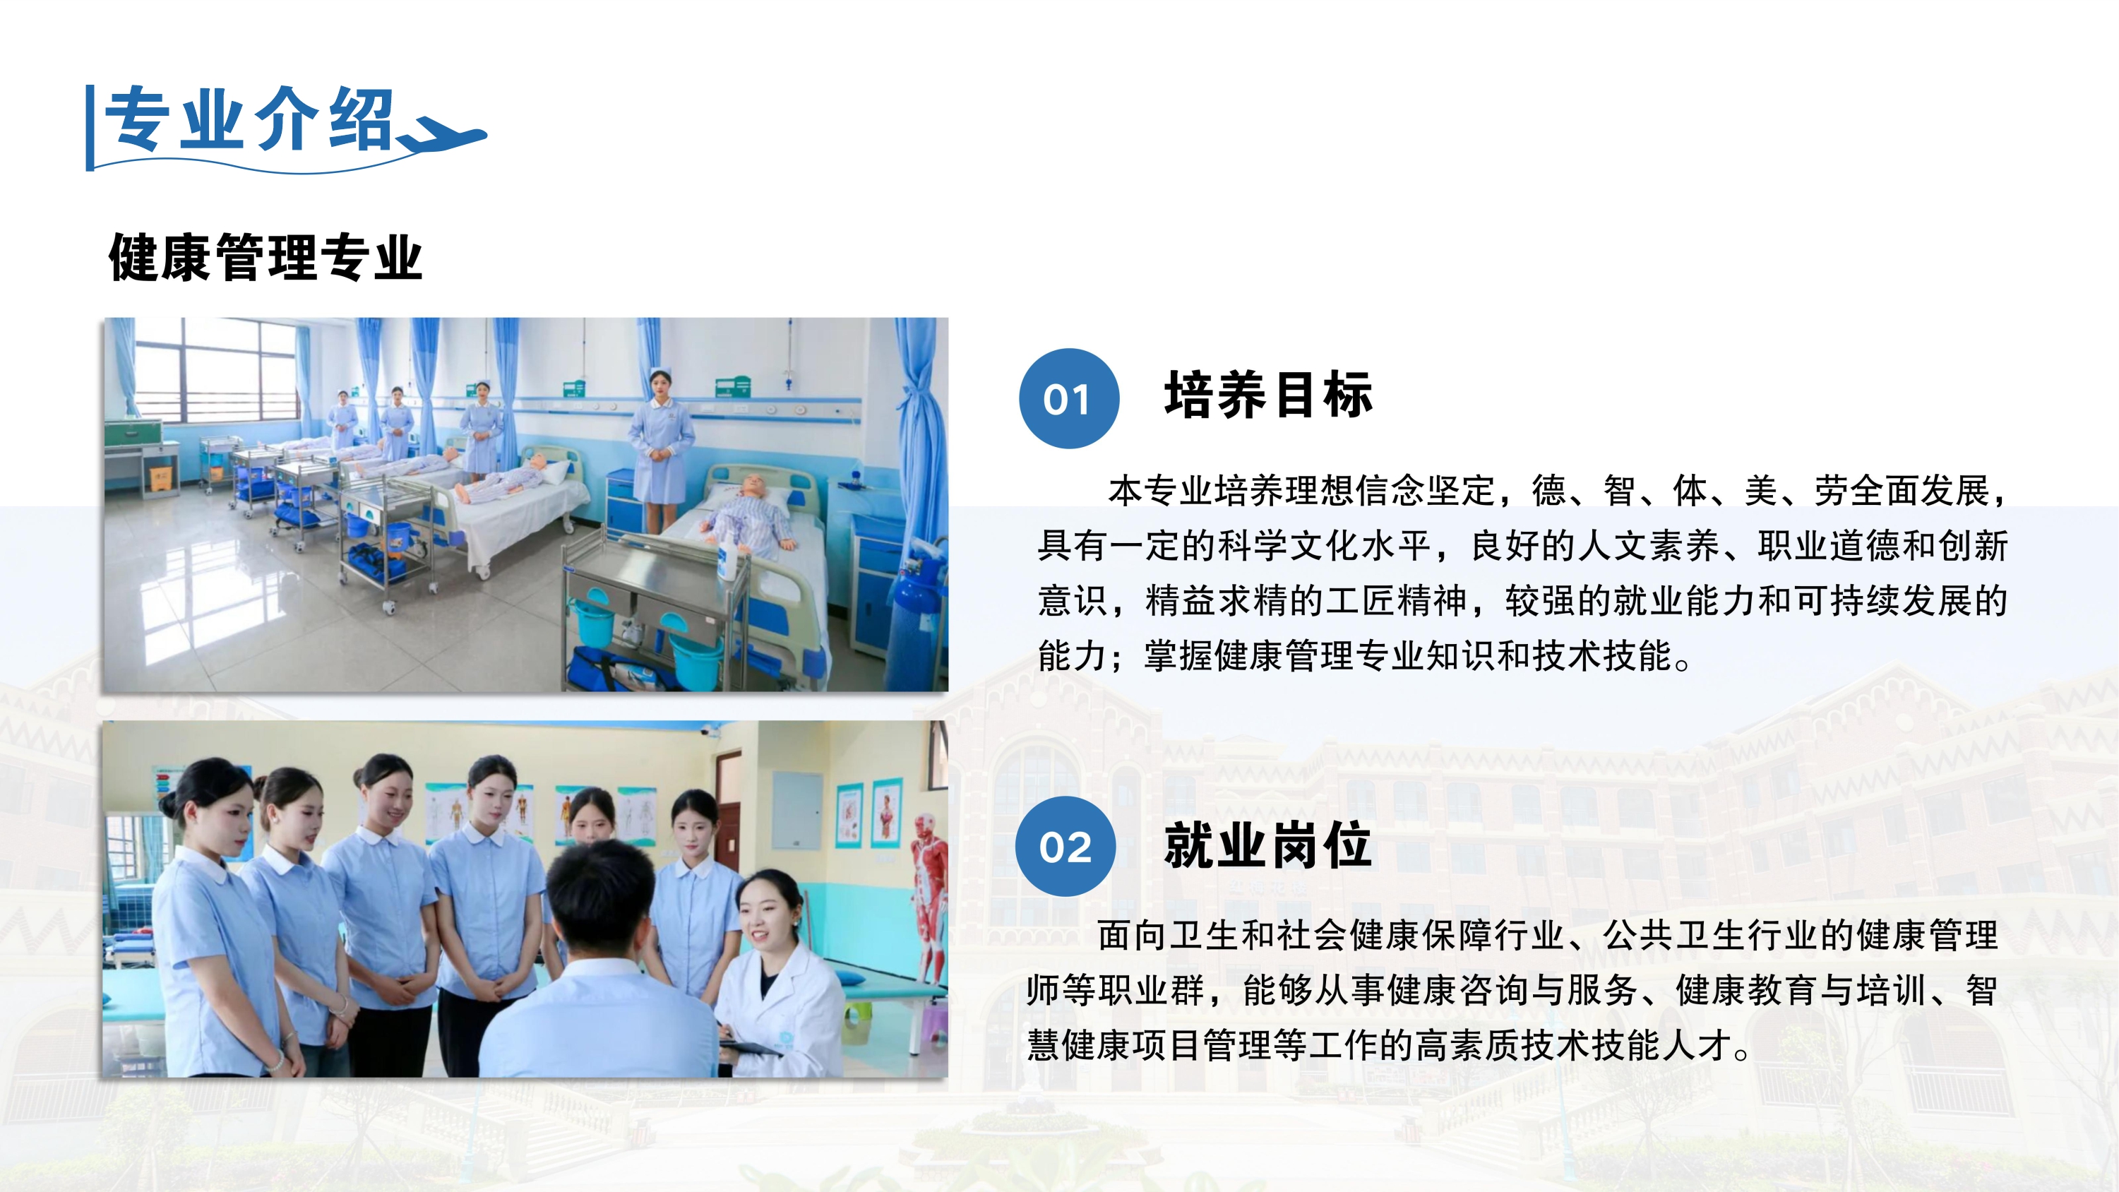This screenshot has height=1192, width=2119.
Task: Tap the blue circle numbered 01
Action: (x=1068, y=399)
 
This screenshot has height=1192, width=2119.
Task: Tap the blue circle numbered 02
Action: (x=1066, y=847)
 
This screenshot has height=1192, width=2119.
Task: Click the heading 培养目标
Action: (x=1268, y=395)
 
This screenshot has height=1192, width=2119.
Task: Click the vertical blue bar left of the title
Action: (x=90, y=128)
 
